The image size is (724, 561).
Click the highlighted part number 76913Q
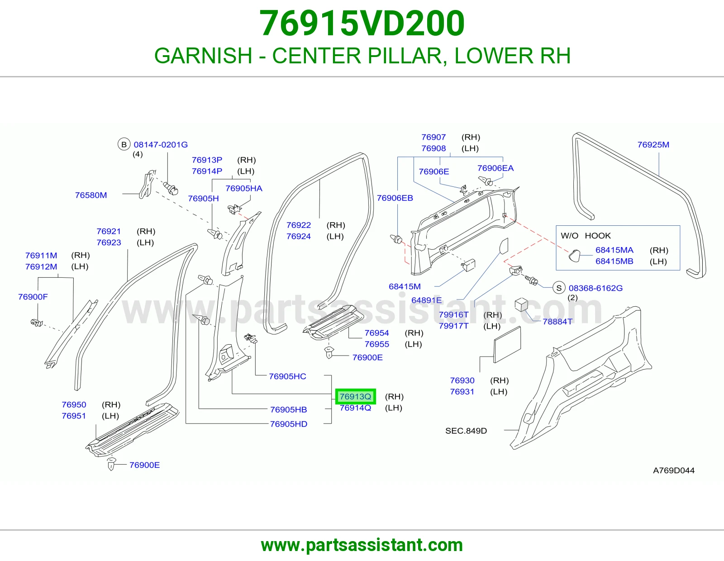tap(355, 396)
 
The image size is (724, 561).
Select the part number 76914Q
tap(355, 408)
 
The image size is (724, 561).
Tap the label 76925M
tap(653, 145)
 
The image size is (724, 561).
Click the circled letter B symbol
tap(124, 145)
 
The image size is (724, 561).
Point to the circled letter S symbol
tap(559, 288)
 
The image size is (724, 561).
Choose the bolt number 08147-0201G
tap(161, 145)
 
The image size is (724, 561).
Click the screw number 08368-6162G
tap(595, 288)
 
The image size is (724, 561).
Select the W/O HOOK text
tap(586, 236)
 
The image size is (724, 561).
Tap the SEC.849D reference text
tap(466, 431)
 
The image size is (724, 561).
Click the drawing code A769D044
tap(673, 471)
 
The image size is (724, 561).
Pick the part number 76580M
tap(91, 195)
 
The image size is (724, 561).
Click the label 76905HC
tap(287, 376)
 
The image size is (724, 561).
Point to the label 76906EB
tap(395, 198)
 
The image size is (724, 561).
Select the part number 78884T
tap(557, 322)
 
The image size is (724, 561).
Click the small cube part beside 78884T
tap(521, 304)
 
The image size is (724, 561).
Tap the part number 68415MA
tap(614, 250)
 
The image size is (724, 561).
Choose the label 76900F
tap(33, 297)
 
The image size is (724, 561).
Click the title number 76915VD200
tap(362, 24)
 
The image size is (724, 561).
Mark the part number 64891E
tap(426, 300)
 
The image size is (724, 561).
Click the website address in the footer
tap(362, 545)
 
